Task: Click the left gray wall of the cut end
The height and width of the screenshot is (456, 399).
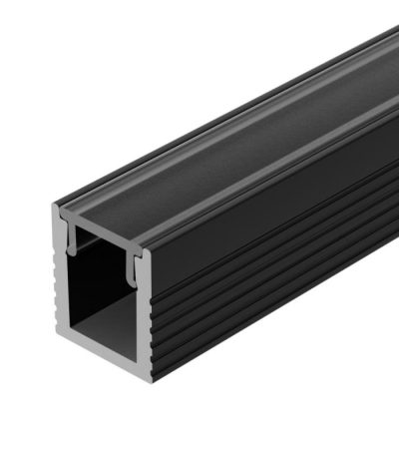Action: coord(63,299)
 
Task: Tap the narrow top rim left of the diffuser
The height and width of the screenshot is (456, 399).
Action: coord(199,110)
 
